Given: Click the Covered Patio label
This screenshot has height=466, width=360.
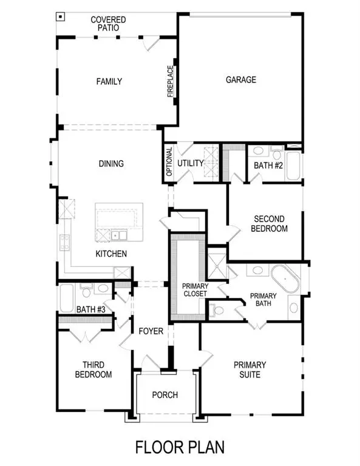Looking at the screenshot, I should (108, 24).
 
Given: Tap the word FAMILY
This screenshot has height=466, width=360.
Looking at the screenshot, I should (109, 81).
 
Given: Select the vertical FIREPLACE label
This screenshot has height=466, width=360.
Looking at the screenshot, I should (171, 81).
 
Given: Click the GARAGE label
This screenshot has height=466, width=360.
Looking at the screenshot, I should (241, 79).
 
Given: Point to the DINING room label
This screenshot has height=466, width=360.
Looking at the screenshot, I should (111, 163).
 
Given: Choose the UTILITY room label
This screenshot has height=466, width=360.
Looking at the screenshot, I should (190, 163).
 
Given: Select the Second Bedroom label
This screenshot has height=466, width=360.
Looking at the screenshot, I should (271, 224).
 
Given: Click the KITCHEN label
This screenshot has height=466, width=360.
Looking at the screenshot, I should (111, 253).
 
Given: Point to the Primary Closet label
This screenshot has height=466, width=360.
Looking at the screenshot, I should (195, 290).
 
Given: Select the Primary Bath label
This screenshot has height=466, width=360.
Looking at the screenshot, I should (263, 300).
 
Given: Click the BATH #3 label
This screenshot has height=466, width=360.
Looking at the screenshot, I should (91, 310).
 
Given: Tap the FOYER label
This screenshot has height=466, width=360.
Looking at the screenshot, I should (150, 331).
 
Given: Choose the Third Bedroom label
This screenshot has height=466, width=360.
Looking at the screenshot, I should (93, 370).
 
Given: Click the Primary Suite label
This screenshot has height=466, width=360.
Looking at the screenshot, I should (250, 370).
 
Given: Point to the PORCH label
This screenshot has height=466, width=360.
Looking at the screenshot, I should (165, 395).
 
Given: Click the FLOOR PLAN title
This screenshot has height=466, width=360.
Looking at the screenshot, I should (180, 448).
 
